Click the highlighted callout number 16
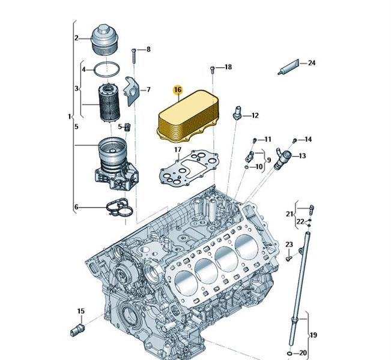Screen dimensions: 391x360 [178, 89]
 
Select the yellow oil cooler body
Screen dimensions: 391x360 [188, 116]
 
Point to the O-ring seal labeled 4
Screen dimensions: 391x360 [106, 70]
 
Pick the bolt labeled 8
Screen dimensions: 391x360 [134, 56]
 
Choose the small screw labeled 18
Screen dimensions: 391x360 [213, 70]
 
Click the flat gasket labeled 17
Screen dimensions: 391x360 [189, 168]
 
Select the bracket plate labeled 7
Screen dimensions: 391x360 [132, 91]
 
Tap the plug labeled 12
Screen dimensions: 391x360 [237, 113]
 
